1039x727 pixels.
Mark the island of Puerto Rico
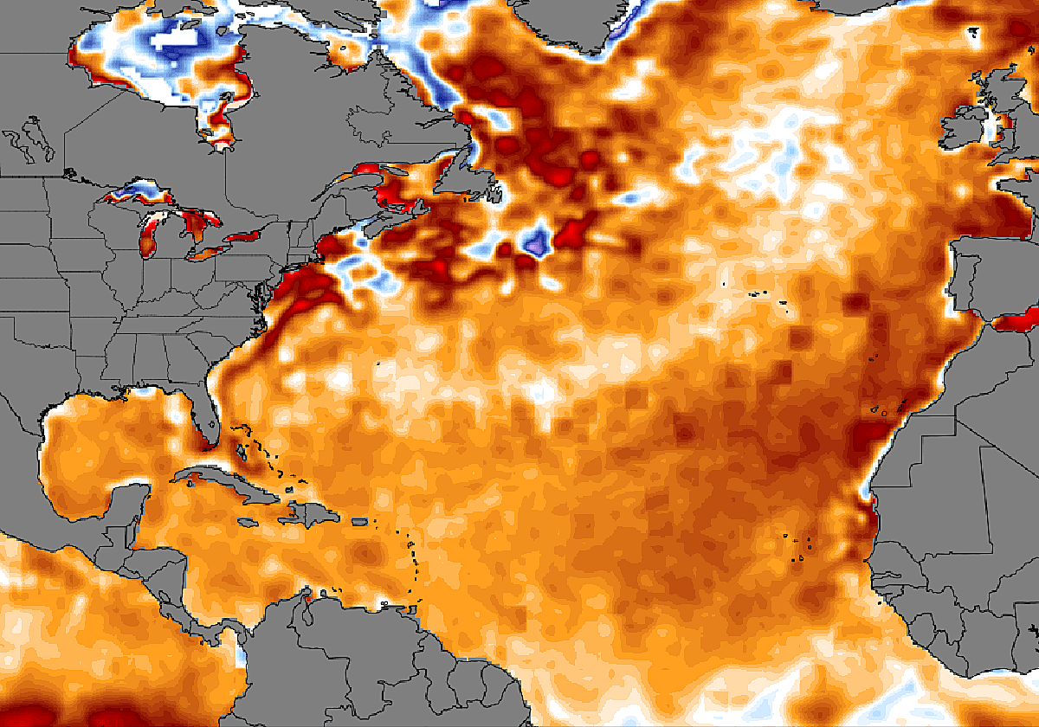click(x=363, y=522)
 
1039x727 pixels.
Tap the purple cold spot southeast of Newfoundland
click(x=537, y=241)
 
